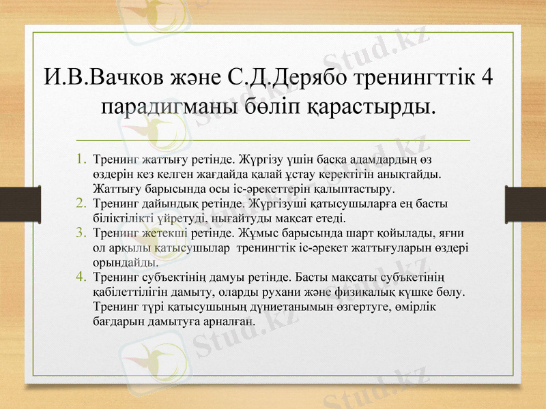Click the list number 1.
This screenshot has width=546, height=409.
81,160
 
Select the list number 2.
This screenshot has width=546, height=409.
81,203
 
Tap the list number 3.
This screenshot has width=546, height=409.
81,232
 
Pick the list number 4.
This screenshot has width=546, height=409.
81,277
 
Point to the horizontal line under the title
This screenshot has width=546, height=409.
273,138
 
